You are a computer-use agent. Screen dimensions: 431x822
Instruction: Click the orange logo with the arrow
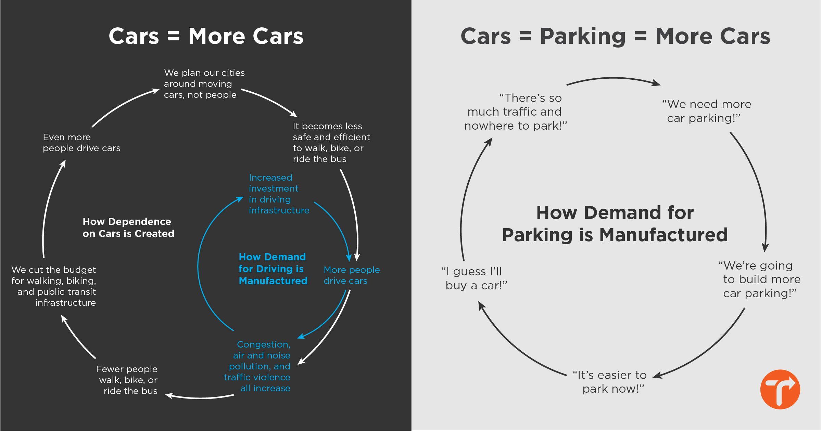tap(780, 389)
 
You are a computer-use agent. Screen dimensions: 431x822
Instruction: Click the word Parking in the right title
tap(583, 37)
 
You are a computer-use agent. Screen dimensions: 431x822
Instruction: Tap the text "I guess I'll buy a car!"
tap(474, 278)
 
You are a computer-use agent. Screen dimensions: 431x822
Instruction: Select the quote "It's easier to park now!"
tap(610, 382)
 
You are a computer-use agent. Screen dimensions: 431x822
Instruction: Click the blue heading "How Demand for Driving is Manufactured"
tap(273, 269)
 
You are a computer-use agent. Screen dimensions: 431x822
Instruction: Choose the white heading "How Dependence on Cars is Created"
tap(128, 228)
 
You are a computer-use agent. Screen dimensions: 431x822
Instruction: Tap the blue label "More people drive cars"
tap(351, 275)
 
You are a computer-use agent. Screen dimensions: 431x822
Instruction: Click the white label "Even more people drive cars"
tap(81, 143)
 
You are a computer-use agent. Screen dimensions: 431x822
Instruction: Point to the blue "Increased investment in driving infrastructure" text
tap(279, 194)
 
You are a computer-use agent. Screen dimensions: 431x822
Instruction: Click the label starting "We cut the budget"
tap(54, 286)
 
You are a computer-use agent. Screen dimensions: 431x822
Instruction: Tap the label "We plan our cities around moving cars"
tap(204, 84)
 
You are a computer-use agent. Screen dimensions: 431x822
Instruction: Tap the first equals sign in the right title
tap(525, 37)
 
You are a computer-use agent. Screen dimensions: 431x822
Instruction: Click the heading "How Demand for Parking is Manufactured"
tap(615, 224)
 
